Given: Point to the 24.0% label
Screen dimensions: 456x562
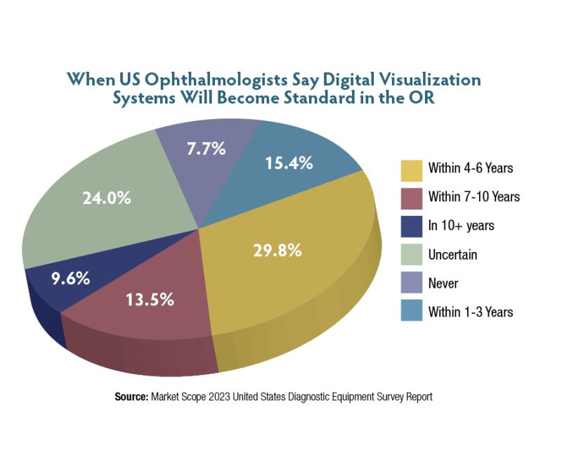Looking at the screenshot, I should pos(107,198).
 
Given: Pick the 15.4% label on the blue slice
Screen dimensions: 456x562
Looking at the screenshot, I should pos(289,164).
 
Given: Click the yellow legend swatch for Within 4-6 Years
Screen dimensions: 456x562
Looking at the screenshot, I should pos(412,168).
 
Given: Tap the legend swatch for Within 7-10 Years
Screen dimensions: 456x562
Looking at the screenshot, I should pos(412,197).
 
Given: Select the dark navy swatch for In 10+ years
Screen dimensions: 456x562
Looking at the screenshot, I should pos(412,225).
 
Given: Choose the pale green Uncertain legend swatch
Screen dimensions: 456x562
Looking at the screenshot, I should pos(412,254).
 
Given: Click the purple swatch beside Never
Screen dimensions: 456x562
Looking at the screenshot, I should pos(412,283).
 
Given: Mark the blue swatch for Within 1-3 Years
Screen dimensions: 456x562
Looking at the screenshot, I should pos(412,312).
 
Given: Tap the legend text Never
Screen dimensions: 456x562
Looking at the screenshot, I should pos(443,283).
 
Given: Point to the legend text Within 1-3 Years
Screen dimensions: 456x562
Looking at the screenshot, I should pos(470,312).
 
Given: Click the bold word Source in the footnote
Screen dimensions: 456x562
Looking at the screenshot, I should pos(131,397).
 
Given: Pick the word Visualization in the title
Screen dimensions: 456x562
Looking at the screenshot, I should pos(421,79).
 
